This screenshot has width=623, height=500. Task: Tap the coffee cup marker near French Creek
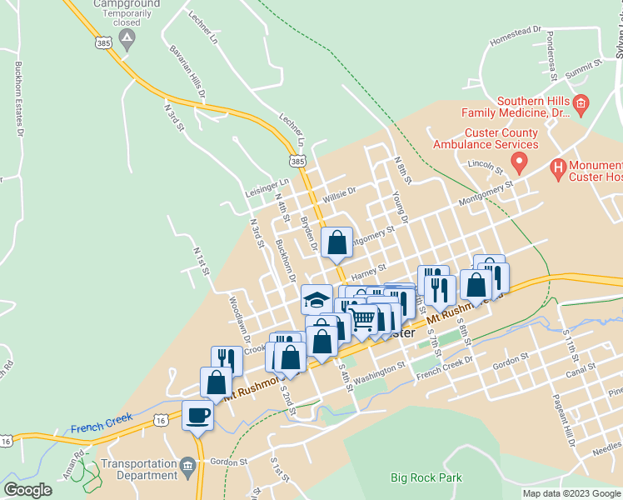[x=198, y=414]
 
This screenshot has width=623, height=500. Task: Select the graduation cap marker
[x=316, y=298]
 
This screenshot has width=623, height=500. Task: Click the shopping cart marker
[x=361, y=318]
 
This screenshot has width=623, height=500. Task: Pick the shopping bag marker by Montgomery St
[x=336, y=242]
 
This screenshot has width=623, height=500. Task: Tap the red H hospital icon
[x=559, y=169]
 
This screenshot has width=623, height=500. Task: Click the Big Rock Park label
[x=426, y=477]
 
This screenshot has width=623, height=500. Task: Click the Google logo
[x=27, y=489]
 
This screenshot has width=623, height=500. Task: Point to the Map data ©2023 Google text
[x=571, y=493]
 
